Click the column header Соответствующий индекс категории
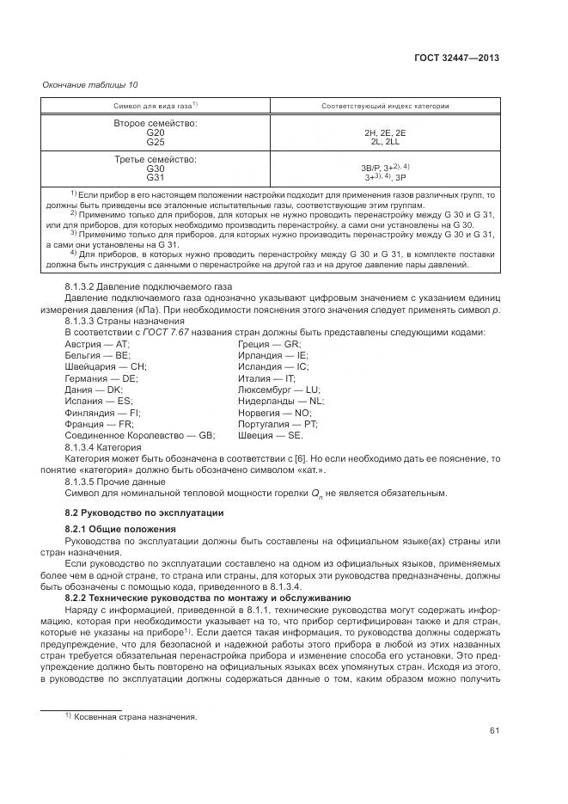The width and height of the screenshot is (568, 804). pyautogui.click(x=384, y=106)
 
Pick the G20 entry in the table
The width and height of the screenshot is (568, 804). pyautogui.click(x=156, y=133)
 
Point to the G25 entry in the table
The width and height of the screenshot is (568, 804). pyautogui.click(x=156, y=142)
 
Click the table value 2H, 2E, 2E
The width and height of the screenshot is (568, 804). pyautogui.click(x=384, y=133)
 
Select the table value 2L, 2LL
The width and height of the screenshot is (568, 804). pyautogui.click(x=384, y=142)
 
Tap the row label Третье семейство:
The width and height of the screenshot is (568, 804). pyautogui.click(x=156, y=160)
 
